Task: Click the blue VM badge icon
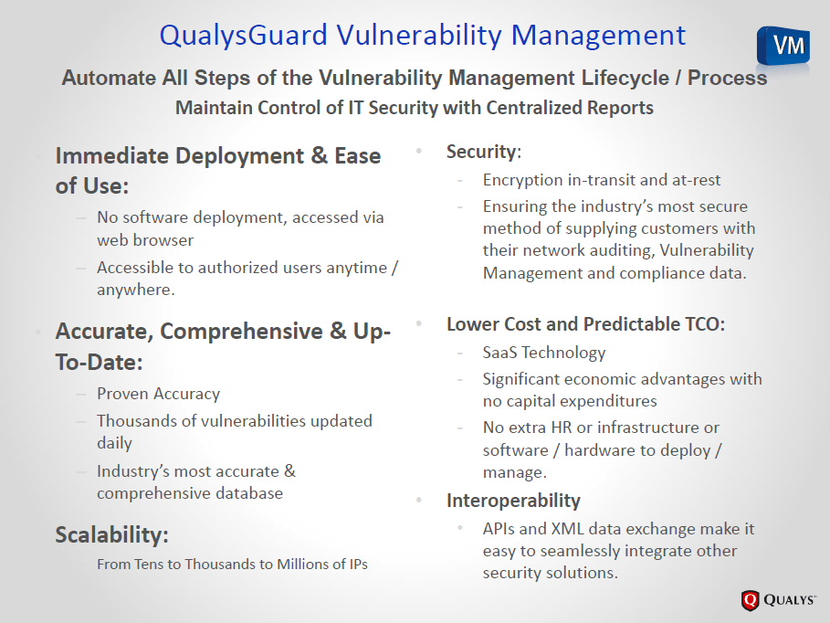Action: (783, 46)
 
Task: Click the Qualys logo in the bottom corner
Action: (778, 599)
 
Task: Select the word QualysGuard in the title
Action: (244, 36)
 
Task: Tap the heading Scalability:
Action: (111, 534)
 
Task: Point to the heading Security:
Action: (484, 152)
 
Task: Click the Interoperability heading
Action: (513, 500)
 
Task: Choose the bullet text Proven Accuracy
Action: (158, 394)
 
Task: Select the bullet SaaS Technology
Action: (544, 353)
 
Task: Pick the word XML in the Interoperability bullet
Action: (567, 529)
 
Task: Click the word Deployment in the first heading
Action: (239, 156)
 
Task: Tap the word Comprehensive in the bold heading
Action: (241, 332)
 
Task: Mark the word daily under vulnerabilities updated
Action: (114, 443)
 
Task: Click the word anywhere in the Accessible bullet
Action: (135, 290)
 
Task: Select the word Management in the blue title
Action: (598, 36)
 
